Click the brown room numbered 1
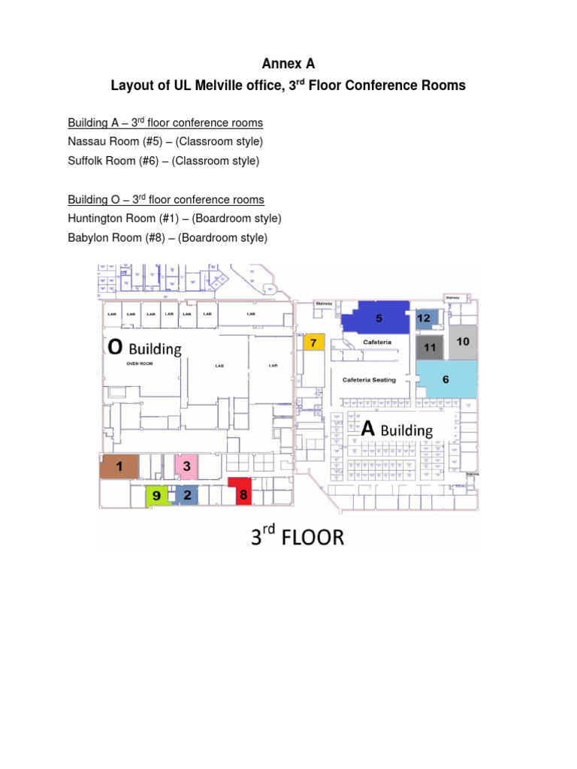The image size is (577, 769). click(x=119, y=466)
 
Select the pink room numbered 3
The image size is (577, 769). click(x=186, y=466)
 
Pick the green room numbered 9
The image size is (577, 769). click(x=156, y=495)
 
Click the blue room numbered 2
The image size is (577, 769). click(x=186, y=495)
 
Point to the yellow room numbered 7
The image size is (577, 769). click(x=314, y=342)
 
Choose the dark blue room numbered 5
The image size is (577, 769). click(x=377, y=317)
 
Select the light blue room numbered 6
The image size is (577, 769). click(x=446, y=379)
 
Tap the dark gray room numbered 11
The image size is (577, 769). click(x=429, y=347)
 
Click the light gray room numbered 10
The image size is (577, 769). click(x=463, y=342)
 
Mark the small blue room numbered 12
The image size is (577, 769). click(x=424, y=318)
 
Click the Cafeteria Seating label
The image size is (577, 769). click(x=369, y=380)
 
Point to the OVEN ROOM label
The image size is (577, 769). click(x=140, y=363)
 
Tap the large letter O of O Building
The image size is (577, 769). click(x=115, y=348)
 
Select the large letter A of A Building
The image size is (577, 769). click(x=368, y=429)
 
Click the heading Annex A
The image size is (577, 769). click(x=288, y=65)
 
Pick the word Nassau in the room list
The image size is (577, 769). click(x=86, y=141)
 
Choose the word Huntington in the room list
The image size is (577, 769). click(x=95, y=219)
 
